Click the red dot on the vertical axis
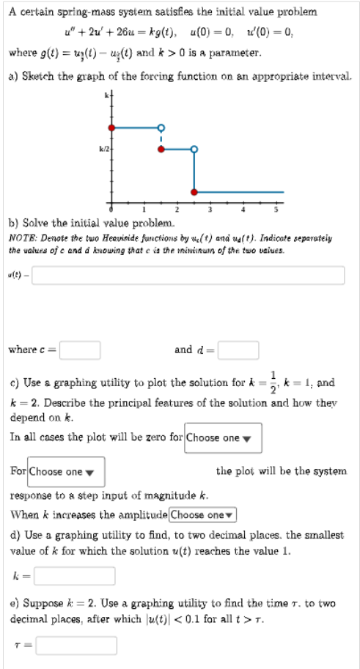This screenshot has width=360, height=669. click(x=111, y=127)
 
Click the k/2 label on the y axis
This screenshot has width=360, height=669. click(x=103, y=149)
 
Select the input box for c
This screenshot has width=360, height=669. click(x=80, y=350)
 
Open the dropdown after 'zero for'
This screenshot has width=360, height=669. click(x=223, y=437)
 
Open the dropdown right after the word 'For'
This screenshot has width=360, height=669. click(x=67, y=471)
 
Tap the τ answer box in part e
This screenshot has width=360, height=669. click(x=76, y=646)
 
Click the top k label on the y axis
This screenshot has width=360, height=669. click(x=106, y=97)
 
